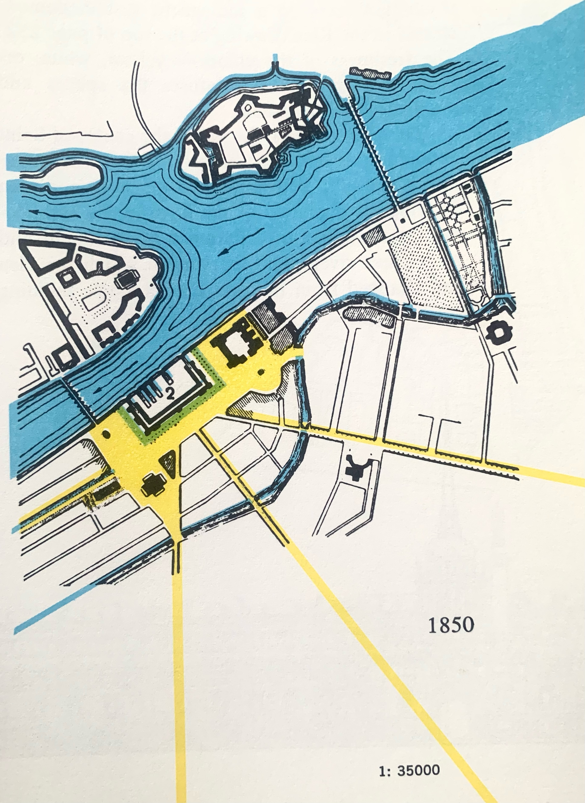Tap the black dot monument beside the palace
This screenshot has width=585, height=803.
pos(261,372)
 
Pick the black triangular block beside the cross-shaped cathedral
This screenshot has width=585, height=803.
pos(169,462)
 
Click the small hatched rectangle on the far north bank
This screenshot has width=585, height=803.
pos(370,73)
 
